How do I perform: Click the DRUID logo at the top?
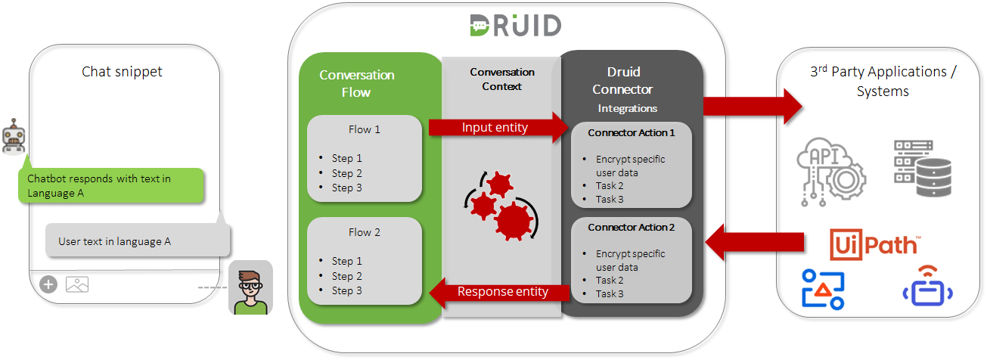(x=514, y=25)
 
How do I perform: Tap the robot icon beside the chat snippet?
(x=13, y=136)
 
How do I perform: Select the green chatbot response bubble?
(x=110, y=186)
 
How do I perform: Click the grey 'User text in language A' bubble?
(x=136, y=241)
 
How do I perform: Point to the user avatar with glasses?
(x=250, y=288)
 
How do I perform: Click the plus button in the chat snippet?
(x=48, y=284)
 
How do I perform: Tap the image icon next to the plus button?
(x=77, y=284)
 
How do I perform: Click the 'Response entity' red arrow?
(x=501, y=292)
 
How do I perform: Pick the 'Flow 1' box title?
(x=364, y=129)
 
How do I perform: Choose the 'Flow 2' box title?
(x=364, y=232)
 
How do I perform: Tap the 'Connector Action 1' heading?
(x=631, y=133)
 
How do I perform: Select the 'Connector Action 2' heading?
(x=631, y=227)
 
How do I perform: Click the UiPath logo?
(x=874, y=244)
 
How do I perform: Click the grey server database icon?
(x=921, y=169)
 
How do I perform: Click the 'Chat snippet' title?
(x=122, y=72)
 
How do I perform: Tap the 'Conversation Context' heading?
(x=501, y=79)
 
